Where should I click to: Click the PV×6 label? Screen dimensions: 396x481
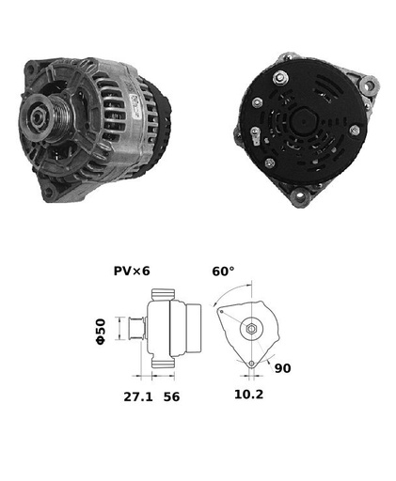pyautogui.click(x=132, y=271)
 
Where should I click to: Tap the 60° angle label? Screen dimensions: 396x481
pyautogui.click(x=223, y=272)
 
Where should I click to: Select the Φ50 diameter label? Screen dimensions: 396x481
pyautogui.click(x=101, y=332)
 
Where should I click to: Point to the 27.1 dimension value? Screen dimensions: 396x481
pyautogui.click(x=138, y=396)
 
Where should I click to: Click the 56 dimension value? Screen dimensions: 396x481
pyautogui.click(x=171, y=396)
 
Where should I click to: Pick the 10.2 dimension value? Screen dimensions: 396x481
pyautogui.click(x=249, y=395)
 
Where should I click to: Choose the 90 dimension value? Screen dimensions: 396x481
pyautogui.click(x=282, y=368)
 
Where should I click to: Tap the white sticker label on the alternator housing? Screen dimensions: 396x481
pyautogui.click(x=134, y=105)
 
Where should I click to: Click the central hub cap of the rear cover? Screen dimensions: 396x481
pyautogui.click(x=303, y=121)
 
